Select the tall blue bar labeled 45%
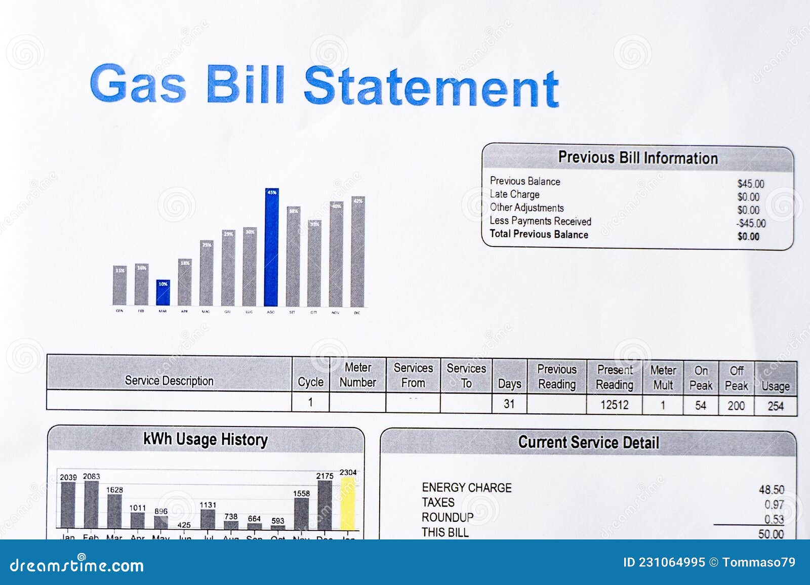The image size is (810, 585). (271, 248)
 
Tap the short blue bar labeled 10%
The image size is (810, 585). (163, 293)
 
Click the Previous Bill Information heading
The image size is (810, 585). (637, 158)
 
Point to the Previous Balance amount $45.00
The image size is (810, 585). (750, 184)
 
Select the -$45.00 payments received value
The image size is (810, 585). (751, 223)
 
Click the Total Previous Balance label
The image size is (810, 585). (539, 234)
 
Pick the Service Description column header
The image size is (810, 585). (169, 381)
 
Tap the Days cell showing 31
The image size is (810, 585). (509, 404)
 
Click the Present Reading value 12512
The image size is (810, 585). (614, 405)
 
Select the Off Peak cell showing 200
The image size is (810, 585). (736, 405)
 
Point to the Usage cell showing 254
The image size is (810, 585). (775, 406)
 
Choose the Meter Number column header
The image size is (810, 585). (357, 375)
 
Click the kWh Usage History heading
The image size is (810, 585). (205, 439)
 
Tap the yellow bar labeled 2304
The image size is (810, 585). (348, 504)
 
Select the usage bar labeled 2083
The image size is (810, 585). (91, 504)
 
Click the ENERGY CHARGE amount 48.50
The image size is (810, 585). (771, 489)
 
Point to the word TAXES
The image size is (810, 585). (438, 503)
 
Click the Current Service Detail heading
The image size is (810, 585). (588, 442)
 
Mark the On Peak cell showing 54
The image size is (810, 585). (700, 405)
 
